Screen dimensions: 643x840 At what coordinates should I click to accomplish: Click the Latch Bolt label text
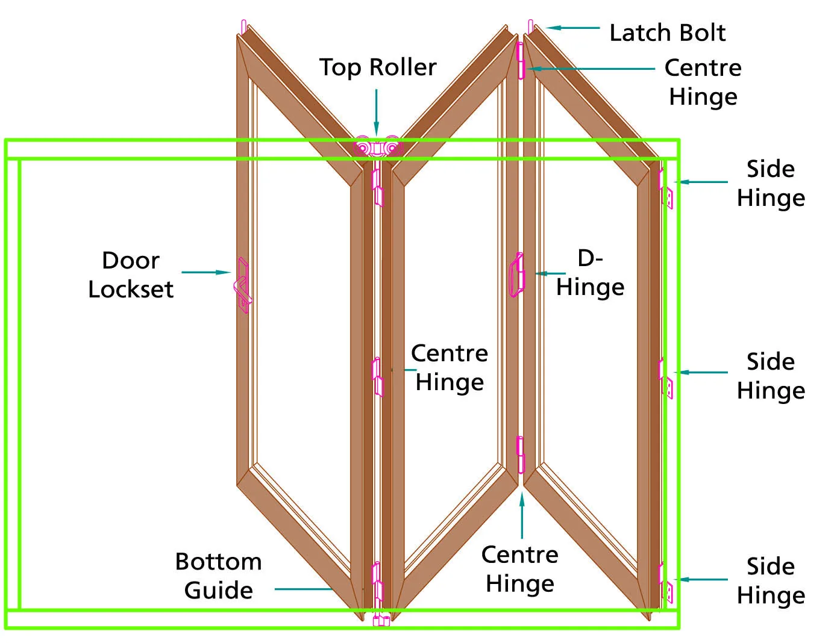pyautogui.click(x=667, y=33)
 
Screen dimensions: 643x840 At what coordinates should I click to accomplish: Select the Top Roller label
pyautogui.click(x=378, y=67)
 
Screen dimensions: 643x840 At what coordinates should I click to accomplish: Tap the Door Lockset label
pyautogui.click(x=131, y=275)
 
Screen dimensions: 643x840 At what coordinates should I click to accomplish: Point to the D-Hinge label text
pyautogui.click(x=590, y=273)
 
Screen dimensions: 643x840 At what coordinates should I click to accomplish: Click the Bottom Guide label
pyautogui.click(x=219, y=576)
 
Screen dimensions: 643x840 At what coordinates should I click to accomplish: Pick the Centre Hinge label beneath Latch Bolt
pyautogui.click(x=703, y=82)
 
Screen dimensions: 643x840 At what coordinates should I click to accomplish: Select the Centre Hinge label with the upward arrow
pyautogui.click(x=519, y=569)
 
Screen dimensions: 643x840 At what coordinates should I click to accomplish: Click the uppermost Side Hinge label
pyautogui.click(x=771, y=183)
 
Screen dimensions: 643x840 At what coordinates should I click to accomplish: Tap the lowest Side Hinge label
pyautogui.click(x=771, y=580)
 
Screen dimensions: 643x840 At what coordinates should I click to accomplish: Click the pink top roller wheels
pyautogui.click(x=378, y=147)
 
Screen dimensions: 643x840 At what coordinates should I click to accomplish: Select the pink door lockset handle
pyautogui.click(x=242, y=286)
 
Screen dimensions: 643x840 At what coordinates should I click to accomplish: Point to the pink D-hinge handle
pyautogui.click(x=516, y=275)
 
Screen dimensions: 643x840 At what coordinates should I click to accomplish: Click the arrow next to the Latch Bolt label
pyautogui.click(x=572, y=28)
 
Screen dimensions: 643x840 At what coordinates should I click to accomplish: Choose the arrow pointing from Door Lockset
pyautogui.click(x=205, y=273)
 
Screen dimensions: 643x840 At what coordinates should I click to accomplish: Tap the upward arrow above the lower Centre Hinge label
pyautogui.click(x=522, y=515)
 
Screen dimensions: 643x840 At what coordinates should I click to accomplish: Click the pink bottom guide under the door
pyautogui.click(x=380, y=620)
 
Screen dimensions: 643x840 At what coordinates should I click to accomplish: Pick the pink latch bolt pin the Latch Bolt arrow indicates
pyautogui.click(x=530, y=27)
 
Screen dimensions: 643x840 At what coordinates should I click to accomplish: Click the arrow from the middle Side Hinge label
pyautogui.click(x=701, y=373)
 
